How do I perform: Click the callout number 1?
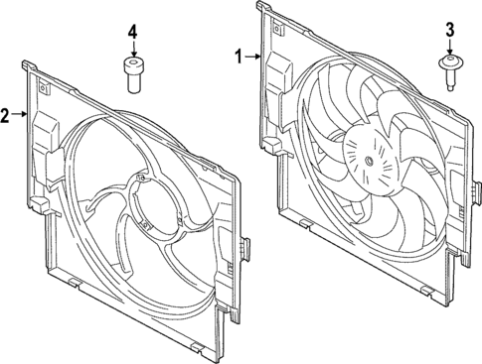(238, 58)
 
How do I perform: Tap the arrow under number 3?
(449, 47)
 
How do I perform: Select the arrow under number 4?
(132, 50)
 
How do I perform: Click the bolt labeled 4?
(132, 75)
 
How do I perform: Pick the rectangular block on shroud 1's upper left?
(278, 71)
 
